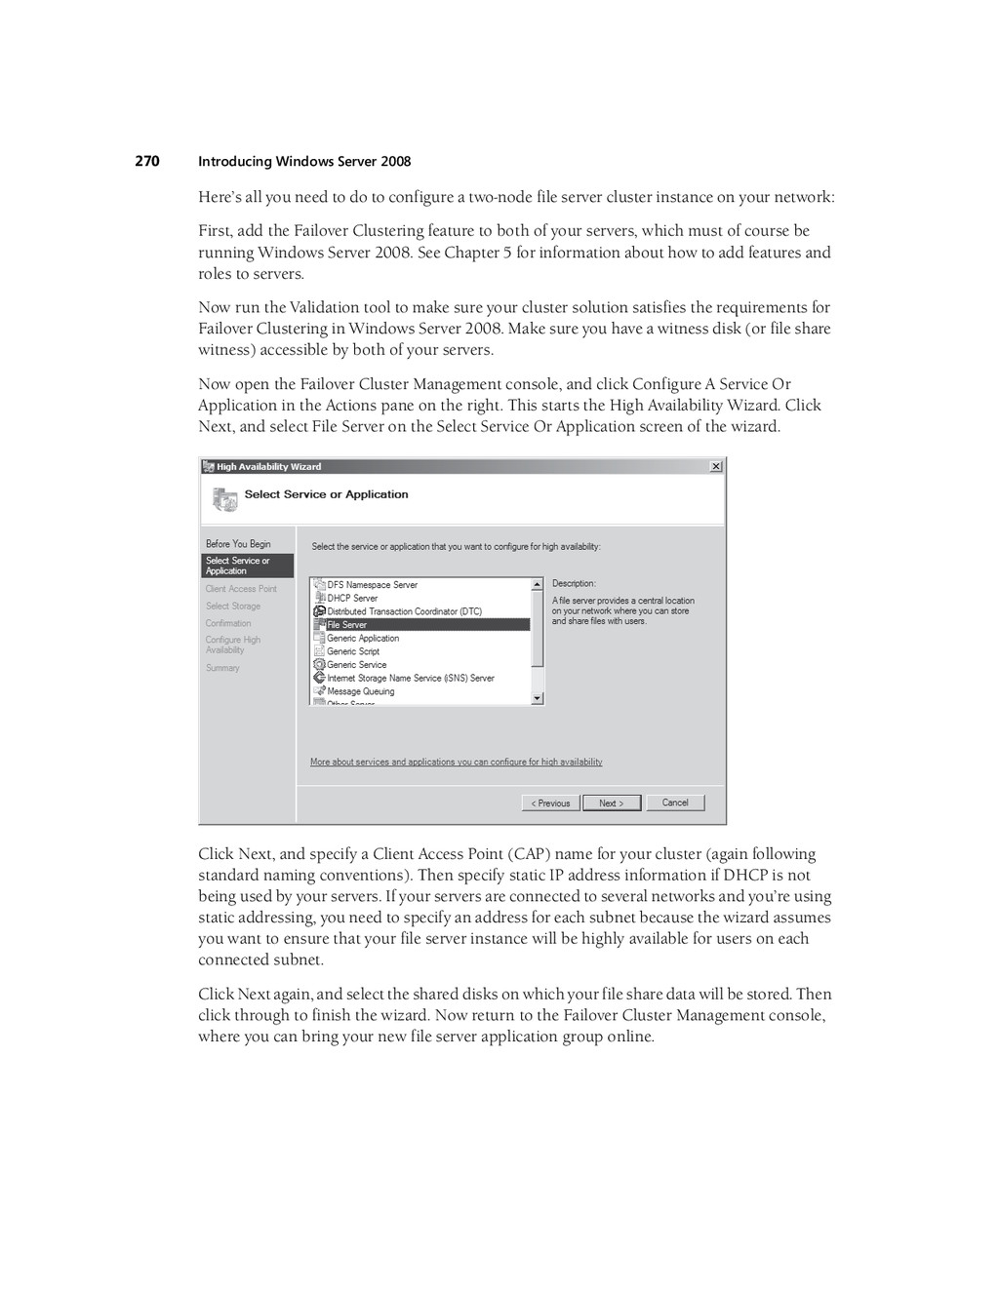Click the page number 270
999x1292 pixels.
147,161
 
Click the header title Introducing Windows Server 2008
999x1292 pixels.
304,162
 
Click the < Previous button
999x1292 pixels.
551,803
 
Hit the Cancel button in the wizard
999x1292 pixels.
675,803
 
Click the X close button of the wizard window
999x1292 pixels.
716,467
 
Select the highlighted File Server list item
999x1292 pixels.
347,625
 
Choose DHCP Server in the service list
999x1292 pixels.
352,598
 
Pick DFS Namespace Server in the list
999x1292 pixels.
372,585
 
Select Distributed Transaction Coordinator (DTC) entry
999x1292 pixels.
404,611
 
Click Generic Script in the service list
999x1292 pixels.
353,651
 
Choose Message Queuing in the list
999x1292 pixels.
361,691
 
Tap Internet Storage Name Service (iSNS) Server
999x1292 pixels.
411,678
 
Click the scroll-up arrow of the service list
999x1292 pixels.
537,584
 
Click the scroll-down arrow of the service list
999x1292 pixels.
537,698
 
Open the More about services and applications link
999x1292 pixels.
456,762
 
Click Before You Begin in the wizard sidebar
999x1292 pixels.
238,544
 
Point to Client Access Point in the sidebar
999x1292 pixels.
241,589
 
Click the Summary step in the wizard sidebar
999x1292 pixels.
222,668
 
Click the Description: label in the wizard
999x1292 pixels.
574,583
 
